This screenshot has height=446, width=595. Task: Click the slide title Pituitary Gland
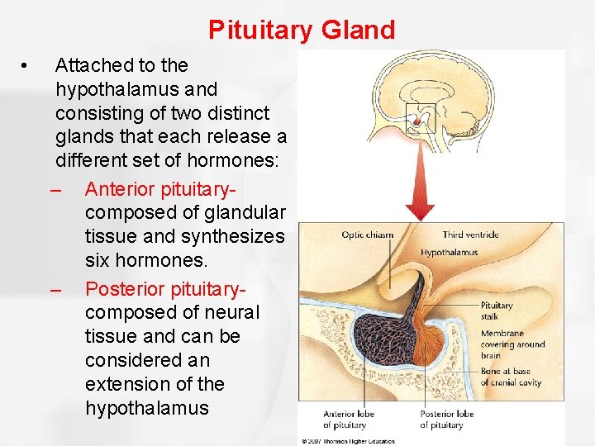click(x=302, y=31)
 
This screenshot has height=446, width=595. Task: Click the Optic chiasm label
click(x=368, y=235)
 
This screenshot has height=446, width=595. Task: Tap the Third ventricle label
click(x=470, y=235)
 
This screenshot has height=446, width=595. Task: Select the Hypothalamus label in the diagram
click(x=449, y=253)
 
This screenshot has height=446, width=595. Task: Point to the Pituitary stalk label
click(x=497, y=311)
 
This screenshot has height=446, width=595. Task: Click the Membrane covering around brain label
click(x=512, y=344)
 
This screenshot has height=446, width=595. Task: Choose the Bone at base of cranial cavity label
click(x=511, y=377)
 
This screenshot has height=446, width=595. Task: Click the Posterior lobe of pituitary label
click(x=446, y=420)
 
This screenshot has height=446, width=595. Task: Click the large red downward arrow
click(x=421, y=178)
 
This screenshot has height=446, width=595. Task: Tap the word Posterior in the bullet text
click(x=125, y=288)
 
